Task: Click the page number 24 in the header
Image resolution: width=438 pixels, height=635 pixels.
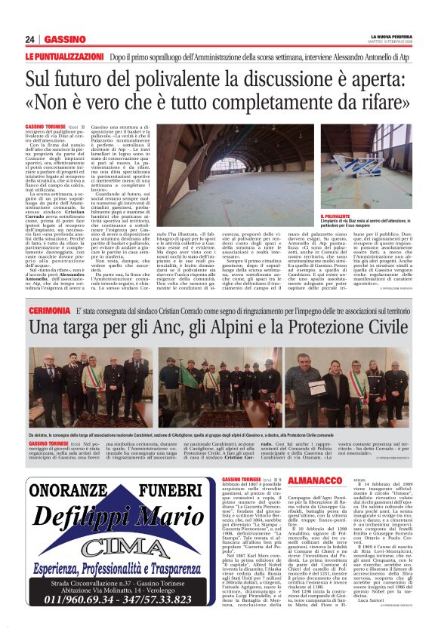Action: click(x=30, y=39)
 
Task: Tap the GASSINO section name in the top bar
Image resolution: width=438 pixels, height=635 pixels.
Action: click(x=64, y=39)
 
